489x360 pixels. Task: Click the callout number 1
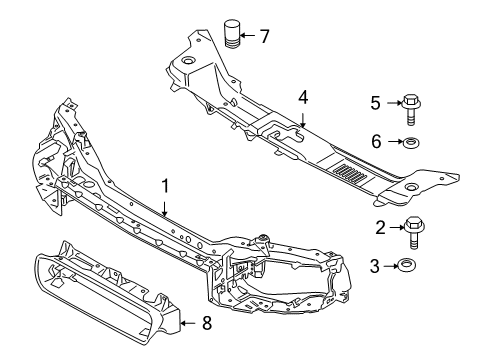[165, 186]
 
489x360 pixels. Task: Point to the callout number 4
[303, 97]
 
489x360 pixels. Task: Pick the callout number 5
[376, 101]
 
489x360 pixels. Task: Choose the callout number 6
[376, 142]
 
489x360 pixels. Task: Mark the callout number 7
[264, 37]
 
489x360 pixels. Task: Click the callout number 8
[207, 323]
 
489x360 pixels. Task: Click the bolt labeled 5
[412, 104]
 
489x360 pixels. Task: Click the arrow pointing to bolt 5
[393, 101]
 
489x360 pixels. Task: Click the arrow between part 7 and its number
[249, 37]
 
